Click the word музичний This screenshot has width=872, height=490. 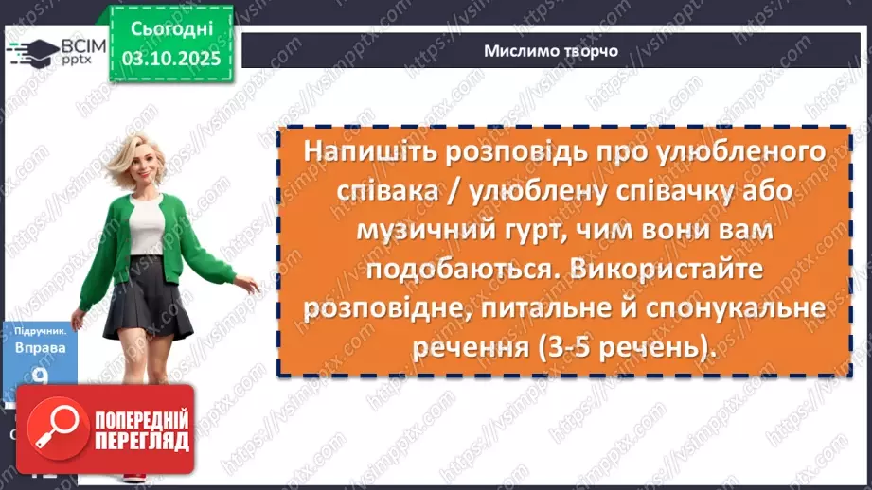point(418,230)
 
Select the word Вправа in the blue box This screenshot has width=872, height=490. point(39,348)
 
